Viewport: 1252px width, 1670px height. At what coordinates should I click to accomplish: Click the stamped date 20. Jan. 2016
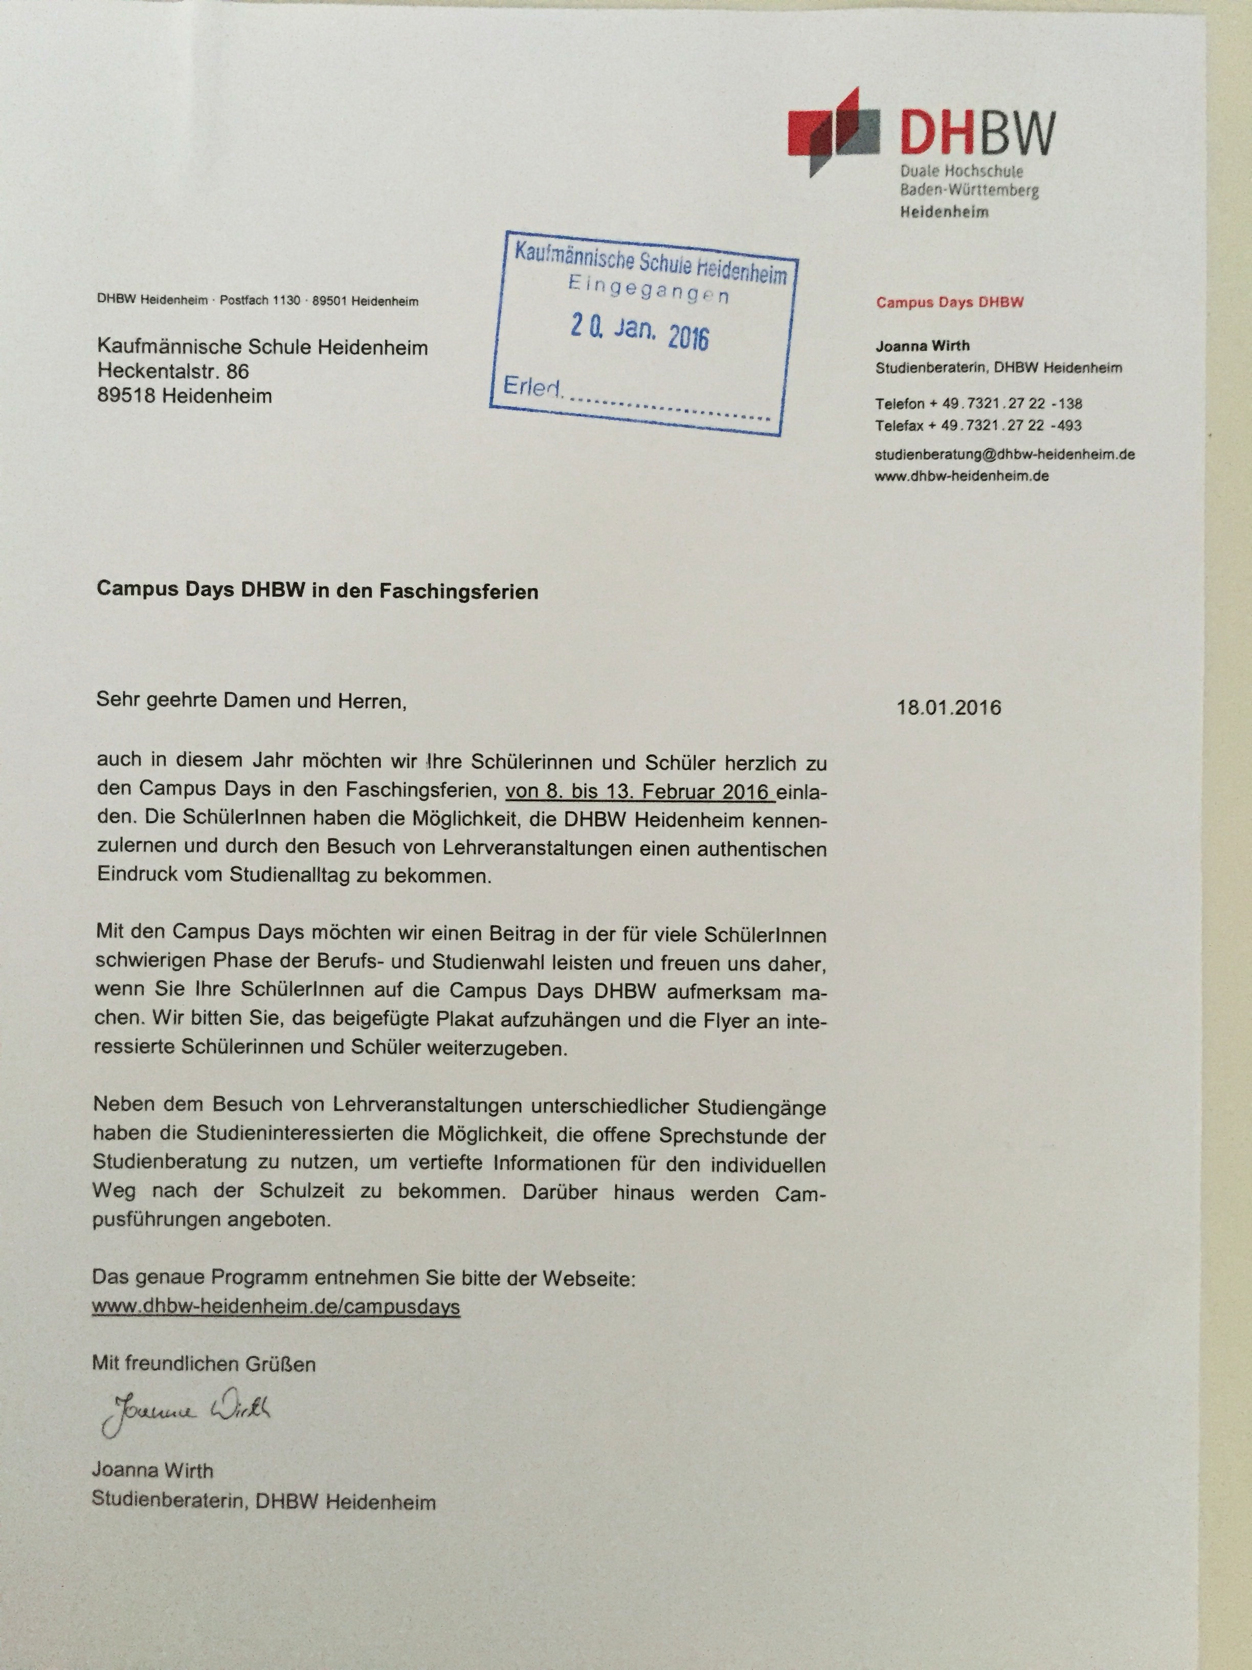639,332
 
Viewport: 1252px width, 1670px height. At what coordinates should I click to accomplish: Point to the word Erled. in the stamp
532,387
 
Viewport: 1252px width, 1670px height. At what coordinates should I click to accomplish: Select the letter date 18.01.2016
949,708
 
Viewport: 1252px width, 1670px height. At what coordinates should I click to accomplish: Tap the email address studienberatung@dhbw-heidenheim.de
1004,454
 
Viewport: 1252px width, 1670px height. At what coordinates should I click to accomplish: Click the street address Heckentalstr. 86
173,371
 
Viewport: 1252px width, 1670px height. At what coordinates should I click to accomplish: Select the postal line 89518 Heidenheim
184,395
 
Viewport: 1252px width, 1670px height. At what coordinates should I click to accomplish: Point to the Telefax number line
978,425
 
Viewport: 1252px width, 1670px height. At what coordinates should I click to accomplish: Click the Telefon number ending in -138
978,403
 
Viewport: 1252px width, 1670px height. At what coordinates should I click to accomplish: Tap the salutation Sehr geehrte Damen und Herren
251,700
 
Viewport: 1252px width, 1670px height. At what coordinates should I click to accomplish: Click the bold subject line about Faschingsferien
317,590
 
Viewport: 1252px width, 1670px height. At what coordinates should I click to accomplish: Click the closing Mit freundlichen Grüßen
204,1364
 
